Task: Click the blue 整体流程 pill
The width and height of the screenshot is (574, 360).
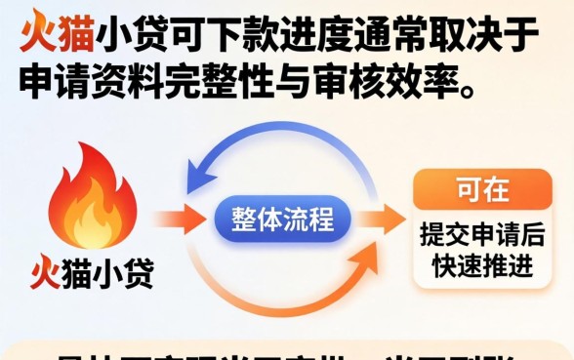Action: [x=282, y=219]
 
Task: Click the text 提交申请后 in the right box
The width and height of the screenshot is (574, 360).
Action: [x=481, y=235]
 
